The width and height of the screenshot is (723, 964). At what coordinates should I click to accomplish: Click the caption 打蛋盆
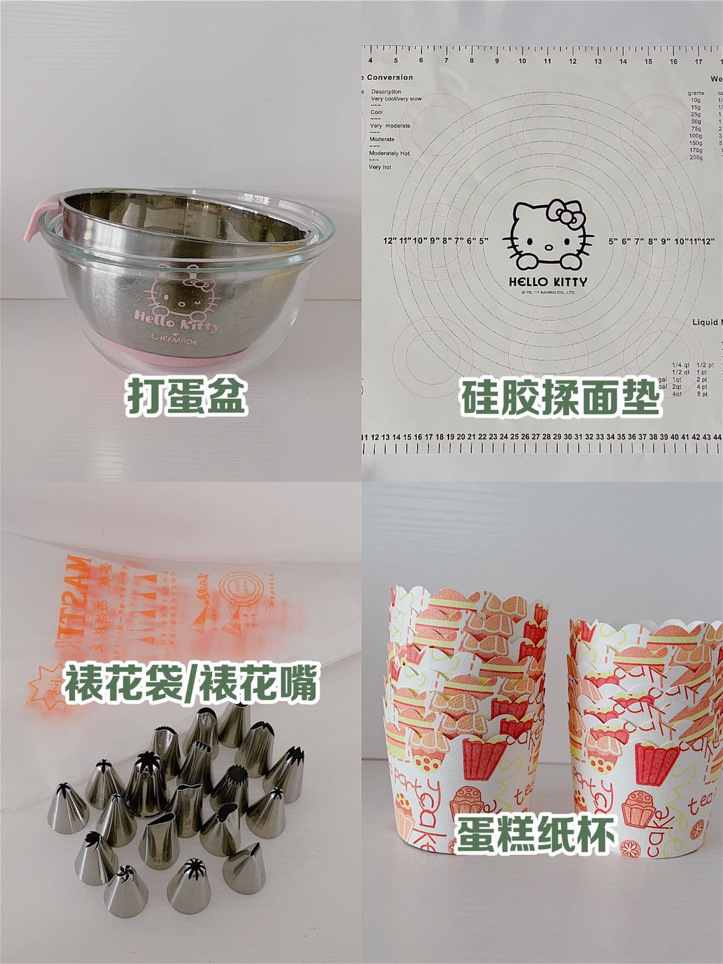186,396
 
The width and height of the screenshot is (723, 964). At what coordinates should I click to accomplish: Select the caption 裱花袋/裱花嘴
190,683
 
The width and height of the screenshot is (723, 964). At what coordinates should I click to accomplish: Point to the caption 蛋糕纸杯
536,834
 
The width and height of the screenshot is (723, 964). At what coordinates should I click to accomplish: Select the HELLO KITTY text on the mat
548,282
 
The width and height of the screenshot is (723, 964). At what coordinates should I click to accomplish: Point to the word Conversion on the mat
390,78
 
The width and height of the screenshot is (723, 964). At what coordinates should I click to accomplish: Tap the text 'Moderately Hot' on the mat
389,153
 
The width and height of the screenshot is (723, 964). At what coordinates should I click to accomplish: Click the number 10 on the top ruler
522,61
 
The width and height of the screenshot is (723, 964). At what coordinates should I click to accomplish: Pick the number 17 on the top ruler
698,61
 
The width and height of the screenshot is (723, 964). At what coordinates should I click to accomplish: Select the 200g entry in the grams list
696,157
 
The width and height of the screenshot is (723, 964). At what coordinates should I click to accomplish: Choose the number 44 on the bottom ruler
718,437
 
